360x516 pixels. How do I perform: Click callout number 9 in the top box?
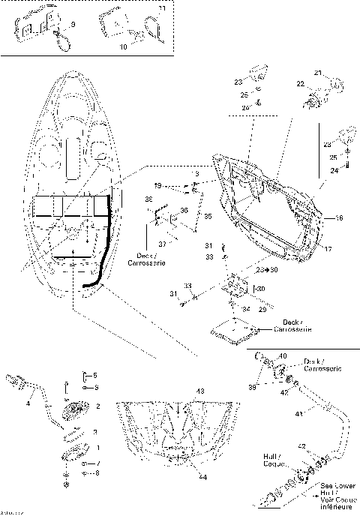point(73,25)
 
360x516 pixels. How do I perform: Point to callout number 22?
point(300,84)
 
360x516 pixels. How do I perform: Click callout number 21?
point(317,73)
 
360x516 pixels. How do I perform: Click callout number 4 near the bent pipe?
point(28,403)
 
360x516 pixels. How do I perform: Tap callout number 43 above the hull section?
point(200,393)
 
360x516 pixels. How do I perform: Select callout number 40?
point(283,355)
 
